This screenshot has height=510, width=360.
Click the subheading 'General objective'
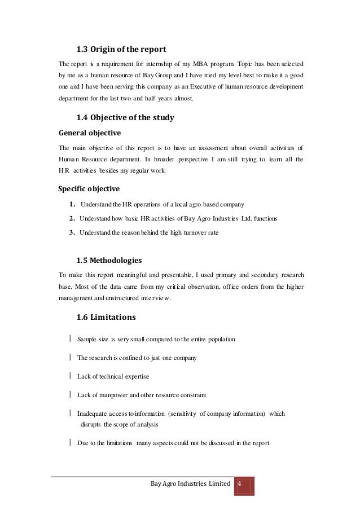click(90, 133)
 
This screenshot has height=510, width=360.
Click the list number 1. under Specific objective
click(73, 204)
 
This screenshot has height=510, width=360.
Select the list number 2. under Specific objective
click(73, 218)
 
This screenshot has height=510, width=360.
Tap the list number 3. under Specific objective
click(73, 232)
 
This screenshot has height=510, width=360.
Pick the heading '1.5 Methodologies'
click(109, 260)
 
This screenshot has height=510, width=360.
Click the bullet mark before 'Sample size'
click(69, 339)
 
